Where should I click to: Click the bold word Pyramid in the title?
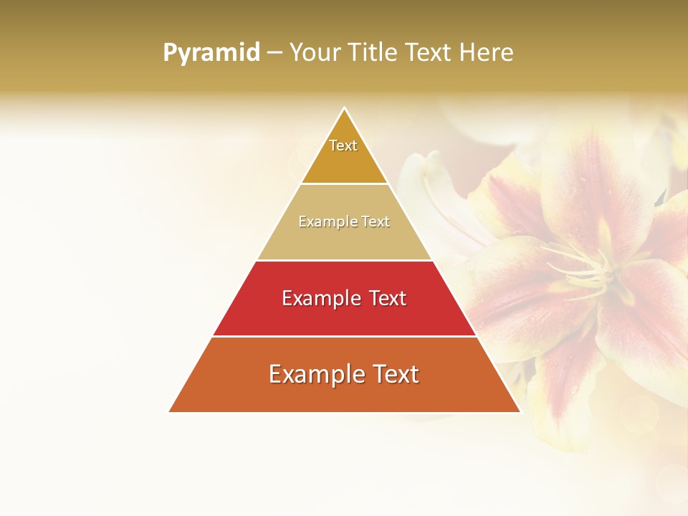211,53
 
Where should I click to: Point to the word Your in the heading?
316,53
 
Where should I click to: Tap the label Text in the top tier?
343,145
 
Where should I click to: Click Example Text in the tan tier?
344,222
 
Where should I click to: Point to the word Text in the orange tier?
393,374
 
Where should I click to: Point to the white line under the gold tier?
344,184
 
